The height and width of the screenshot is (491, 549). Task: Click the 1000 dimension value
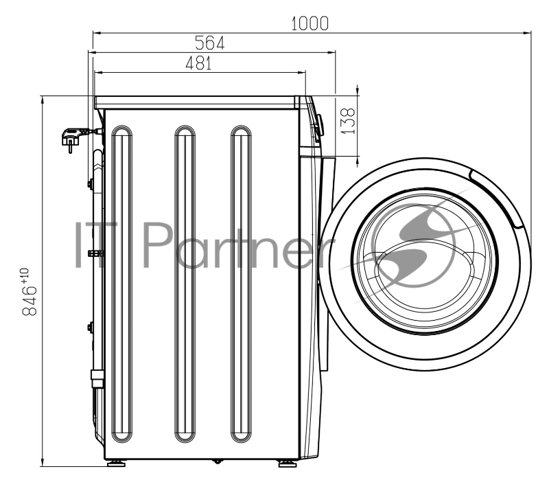(310, 24)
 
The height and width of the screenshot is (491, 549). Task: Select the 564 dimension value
(209, 43)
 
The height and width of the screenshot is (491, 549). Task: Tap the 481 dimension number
(198, 63)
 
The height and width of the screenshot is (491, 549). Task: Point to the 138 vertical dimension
(348, 121)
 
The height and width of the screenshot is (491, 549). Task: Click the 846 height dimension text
(30, 300)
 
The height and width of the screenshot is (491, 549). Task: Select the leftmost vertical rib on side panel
(122, 284)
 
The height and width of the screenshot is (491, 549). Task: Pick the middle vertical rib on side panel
(185, 284)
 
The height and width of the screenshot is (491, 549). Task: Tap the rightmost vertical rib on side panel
(241, 284)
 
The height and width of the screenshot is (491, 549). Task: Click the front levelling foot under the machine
(288, 464)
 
